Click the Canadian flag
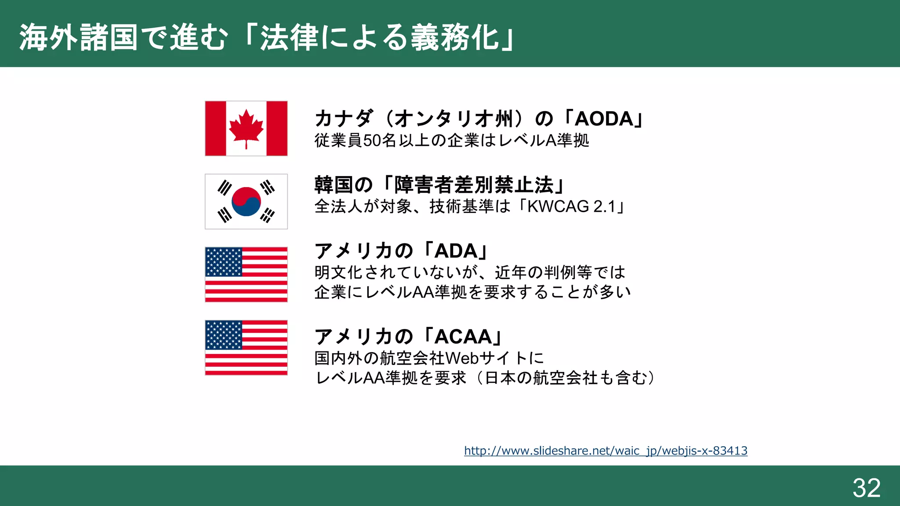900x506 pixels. [x=246, y=128]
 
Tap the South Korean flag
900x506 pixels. [x=246, y=201]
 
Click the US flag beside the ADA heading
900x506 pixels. [x=246, y=275]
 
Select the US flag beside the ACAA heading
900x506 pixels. [x=246, y=347]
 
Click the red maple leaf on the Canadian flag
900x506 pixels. [x=246, y=127]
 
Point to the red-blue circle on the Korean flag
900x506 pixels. [x=246, y=201]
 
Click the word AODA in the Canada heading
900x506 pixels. [x=604, y=119]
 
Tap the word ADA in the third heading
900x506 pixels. [x=456, y=251]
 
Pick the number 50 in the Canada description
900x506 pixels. [x=372, y=141]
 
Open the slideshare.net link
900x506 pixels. [x=606, y=451]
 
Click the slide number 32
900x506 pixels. [x=867, y=488]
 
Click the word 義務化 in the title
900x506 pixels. [x=455, y=37]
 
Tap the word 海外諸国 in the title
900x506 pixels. [x=79, y=37]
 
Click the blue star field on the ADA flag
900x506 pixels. [x=224, y=262]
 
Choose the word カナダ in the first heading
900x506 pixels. [x=344, y=119]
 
